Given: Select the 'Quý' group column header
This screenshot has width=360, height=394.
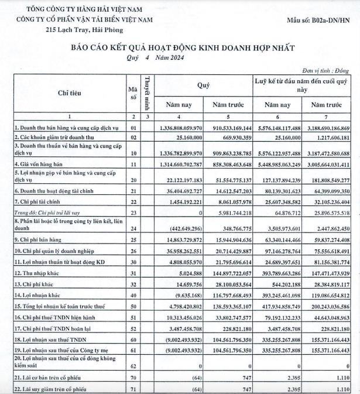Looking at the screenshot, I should coord(203,85).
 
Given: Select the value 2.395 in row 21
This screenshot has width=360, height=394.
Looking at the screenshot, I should coord(291,379).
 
